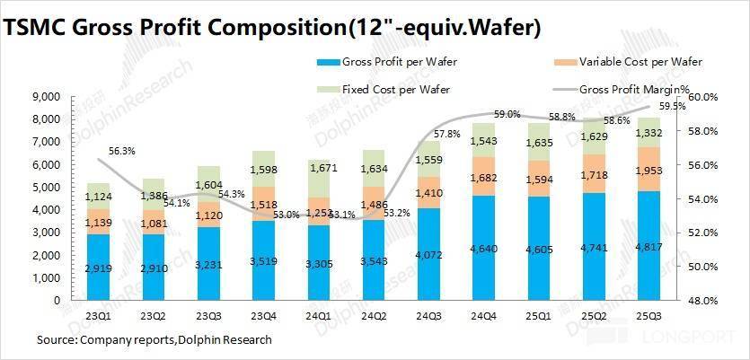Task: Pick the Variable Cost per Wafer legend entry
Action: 640,62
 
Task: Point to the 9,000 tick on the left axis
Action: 45,96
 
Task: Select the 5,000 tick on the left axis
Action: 45,187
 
